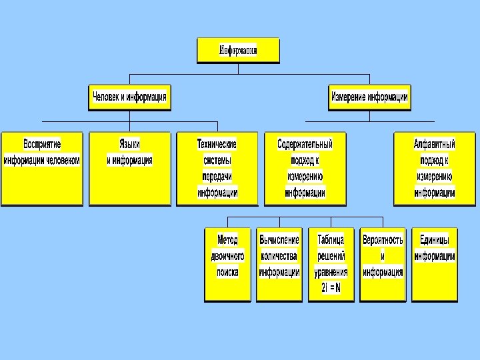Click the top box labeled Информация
pyautogui.click(x=238, y=50)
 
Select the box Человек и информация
pyautogui.click(x=129, y=97)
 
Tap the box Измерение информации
pyautogui.click(x=369, y=97)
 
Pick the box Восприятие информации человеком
pyautogui.click(x=42, y=168)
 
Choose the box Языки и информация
pyautogui.click(x=129, y=168)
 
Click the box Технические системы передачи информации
pyautogui.click(x=217, y=168)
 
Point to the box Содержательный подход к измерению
pyautogui.click(x=305, y=168)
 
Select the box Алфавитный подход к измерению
pyautogui.click(x=435, y=168)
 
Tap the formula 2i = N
pyautogui.click(x=331, y=288)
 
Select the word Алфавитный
pyautogui.click(x=435, y=144)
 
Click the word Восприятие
pyautogui.click(x=42, y=144)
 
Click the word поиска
pyautogui.click(x=228, y=272)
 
